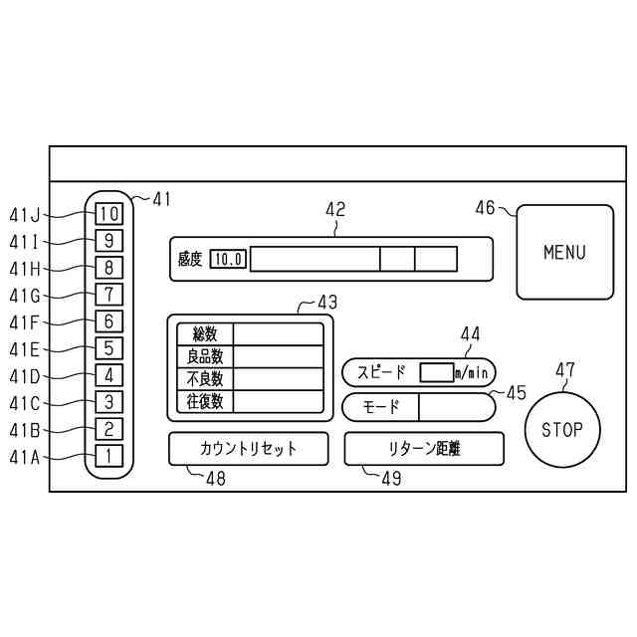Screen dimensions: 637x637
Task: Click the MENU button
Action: (x=564, y=252)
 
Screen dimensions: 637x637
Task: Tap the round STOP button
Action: (x=563, y=430)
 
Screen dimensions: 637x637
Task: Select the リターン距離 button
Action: (x=424, y=449)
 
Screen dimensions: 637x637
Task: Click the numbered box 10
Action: (x=109, y=213)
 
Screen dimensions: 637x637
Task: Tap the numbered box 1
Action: (x=109, y=457)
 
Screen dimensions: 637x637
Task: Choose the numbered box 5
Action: (x=109, y=348)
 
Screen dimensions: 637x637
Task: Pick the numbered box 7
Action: (x=109, y=295)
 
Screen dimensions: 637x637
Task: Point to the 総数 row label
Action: (x=205, y=333)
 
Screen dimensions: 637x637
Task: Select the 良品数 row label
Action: (x=205, y=356)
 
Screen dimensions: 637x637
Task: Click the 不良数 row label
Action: (x=205, y=379)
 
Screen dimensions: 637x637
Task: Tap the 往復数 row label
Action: (x=205, y=402)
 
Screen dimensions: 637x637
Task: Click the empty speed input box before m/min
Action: (x=436, y=372)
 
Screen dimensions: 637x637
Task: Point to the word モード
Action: (x=380, y=407)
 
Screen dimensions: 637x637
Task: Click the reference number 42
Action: (x=335, y=209)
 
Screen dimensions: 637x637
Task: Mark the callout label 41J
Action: (x=24, y=214)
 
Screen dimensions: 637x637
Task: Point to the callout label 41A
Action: (x=24, y=458)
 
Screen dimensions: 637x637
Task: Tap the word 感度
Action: (x=190, y=260)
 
